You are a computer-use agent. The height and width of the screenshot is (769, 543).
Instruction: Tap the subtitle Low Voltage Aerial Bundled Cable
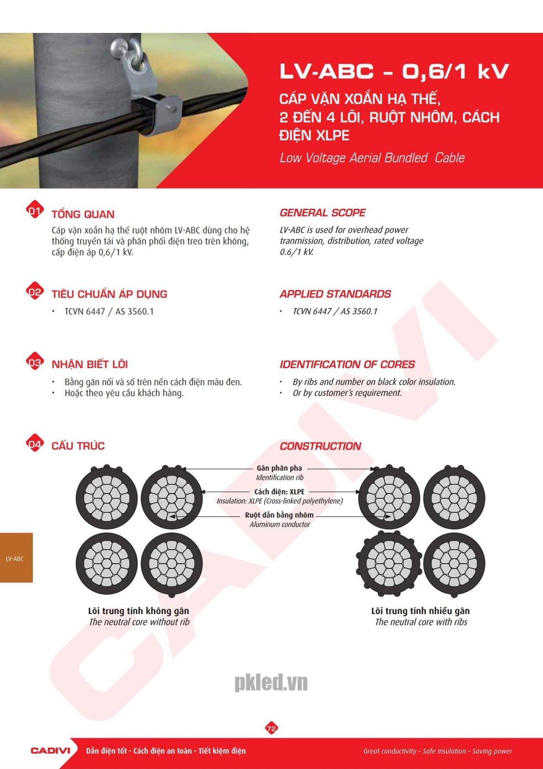(x=372, y=158)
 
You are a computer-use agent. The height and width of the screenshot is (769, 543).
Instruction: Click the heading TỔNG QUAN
(x=83, y=214)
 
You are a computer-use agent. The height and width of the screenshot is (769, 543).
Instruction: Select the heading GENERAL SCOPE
(x=322, y=213)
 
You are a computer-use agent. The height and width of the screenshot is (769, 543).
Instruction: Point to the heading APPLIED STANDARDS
(x=335, y=294)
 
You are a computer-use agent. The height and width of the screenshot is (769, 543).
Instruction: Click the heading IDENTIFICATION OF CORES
(x=347, y=364)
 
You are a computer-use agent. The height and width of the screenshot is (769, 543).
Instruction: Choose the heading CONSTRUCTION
(x=321, y=446)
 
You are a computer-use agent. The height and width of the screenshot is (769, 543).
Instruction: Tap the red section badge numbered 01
(x=35, y=211)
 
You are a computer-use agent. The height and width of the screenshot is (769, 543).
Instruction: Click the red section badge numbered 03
(x=35, y=362)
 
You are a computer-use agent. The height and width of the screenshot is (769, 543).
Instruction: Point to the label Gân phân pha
(x=279, y=468)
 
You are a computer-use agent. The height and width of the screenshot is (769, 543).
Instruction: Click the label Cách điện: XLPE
(x=279, y=492)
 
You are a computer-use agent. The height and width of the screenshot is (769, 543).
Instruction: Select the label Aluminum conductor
(x=279, y=524)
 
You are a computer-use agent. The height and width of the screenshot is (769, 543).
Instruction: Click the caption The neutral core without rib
(x=139, y=622)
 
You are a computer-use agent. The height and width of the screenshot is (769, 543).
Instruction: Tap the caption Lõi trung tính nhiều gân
(x=421, y=611)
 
